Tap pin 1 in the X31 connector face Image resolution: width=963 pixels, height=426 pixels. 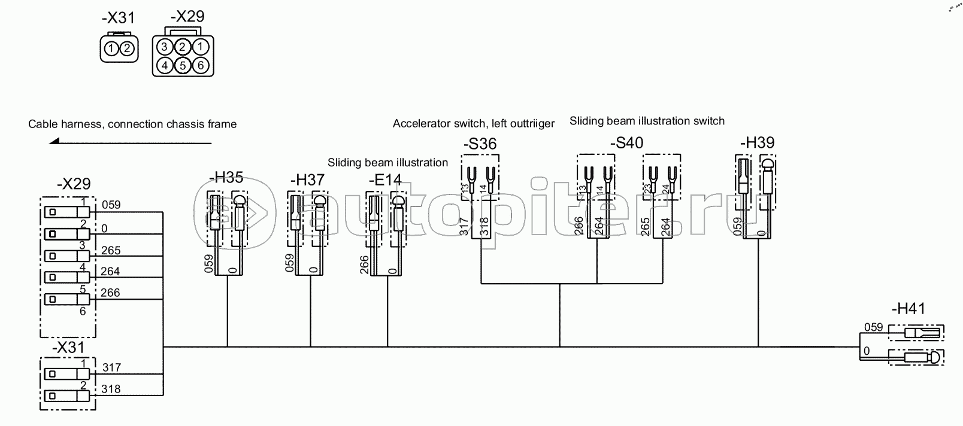pos(111,48)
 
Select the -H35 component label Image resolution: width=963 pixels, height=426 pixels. pos(226,177)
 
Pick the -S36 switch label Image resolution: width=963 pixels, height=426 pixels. pos(480,144)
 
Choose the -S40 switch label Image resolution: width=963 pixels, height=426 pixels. pos(626,144)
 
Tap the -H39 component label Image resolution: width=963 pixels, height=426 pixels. pos(757,143)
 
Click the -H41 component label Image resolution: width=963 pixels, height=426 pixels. pos(908,309)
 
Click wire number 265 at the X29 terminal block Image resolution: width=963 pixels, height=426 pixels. pos(111,250)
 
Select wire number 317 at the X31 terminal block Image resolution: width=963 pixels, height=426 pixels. pos(111,367)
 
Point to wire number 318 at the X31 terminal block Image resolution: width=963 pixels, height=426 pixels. pos(111,389)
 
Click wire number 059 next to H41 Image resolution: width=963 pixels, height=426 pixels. pos(873,327)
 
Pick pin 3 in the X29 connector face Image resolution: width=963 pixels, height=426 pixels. pos(164,47)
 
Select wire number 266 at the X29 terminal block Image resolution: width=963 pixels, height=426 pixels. pos(111,293)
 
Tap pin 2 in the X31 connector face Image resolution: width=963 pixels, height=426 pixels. pos(126,48)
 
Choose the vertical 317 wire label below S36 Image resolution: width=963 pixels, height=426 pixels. pos(464,226)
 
